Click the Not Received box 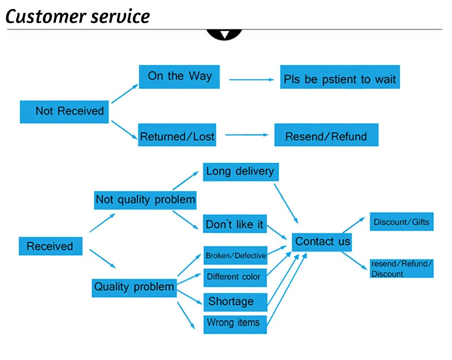[66, 111]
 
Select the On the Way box [179, 76]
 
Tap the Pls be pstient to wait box [340, 79]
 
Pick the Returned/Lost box [177, 136]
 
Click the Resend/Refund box [326, 136]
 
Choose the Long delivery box [240, 171]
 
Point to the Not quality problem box [145, 199]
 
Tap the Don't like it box [234, 224]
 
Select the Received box [50, 246]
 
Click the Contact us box [323, 241]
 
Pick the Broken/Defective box [235, 255]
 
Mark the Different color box [234, 277]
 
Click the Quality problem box [134, 287]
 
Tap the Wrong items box [234, 323]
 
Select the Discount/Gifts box [401, 222]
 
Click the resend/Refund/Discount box [401, 268]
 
